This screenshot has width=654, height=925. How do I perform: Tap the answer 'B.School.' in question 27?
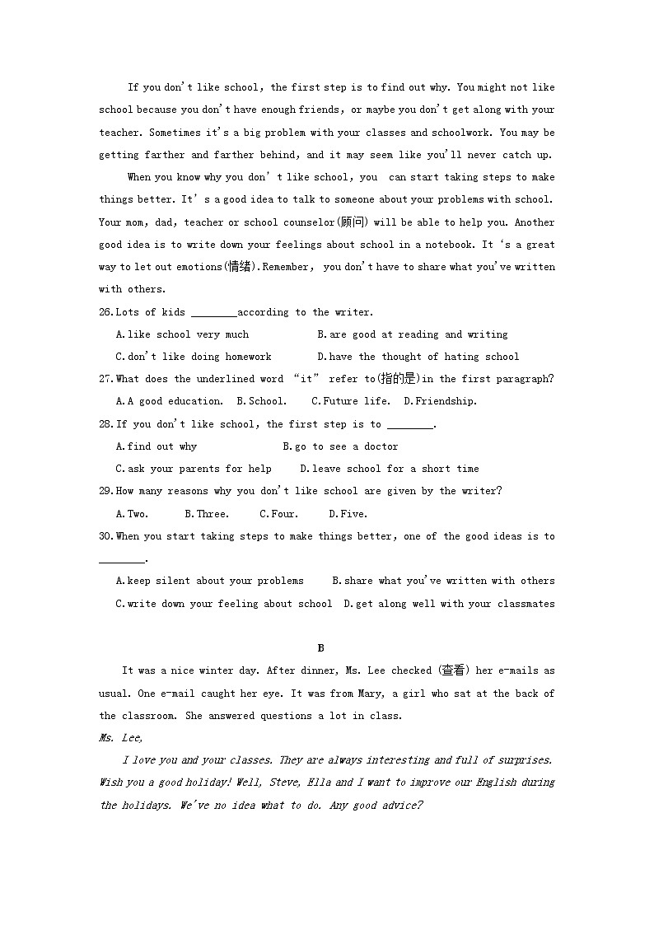point(261,401)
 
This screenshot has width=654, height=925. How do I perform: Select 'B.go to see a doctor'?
point(340,446)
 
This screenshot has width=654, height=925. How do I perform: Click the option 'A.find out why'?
point(156,446)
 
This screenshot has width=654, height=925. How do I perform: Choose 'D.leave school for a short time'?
point(389,469)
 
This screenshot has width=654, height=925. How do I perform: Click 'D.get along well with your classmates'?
point(449,604)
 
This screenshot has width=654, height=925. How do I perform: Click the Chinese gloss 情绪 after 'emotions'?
point(239,267)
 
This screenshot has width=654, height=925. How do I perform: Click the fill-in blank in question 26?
point(213,313)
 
